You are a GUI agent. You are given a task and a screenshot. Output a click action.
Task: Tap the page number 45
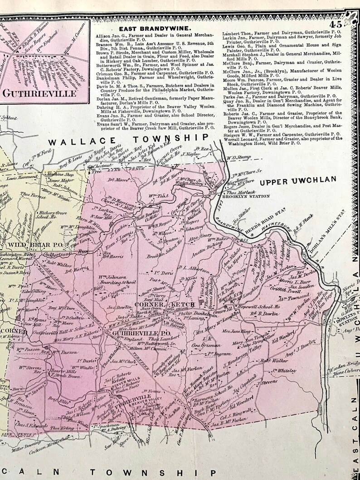point(336,25)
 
